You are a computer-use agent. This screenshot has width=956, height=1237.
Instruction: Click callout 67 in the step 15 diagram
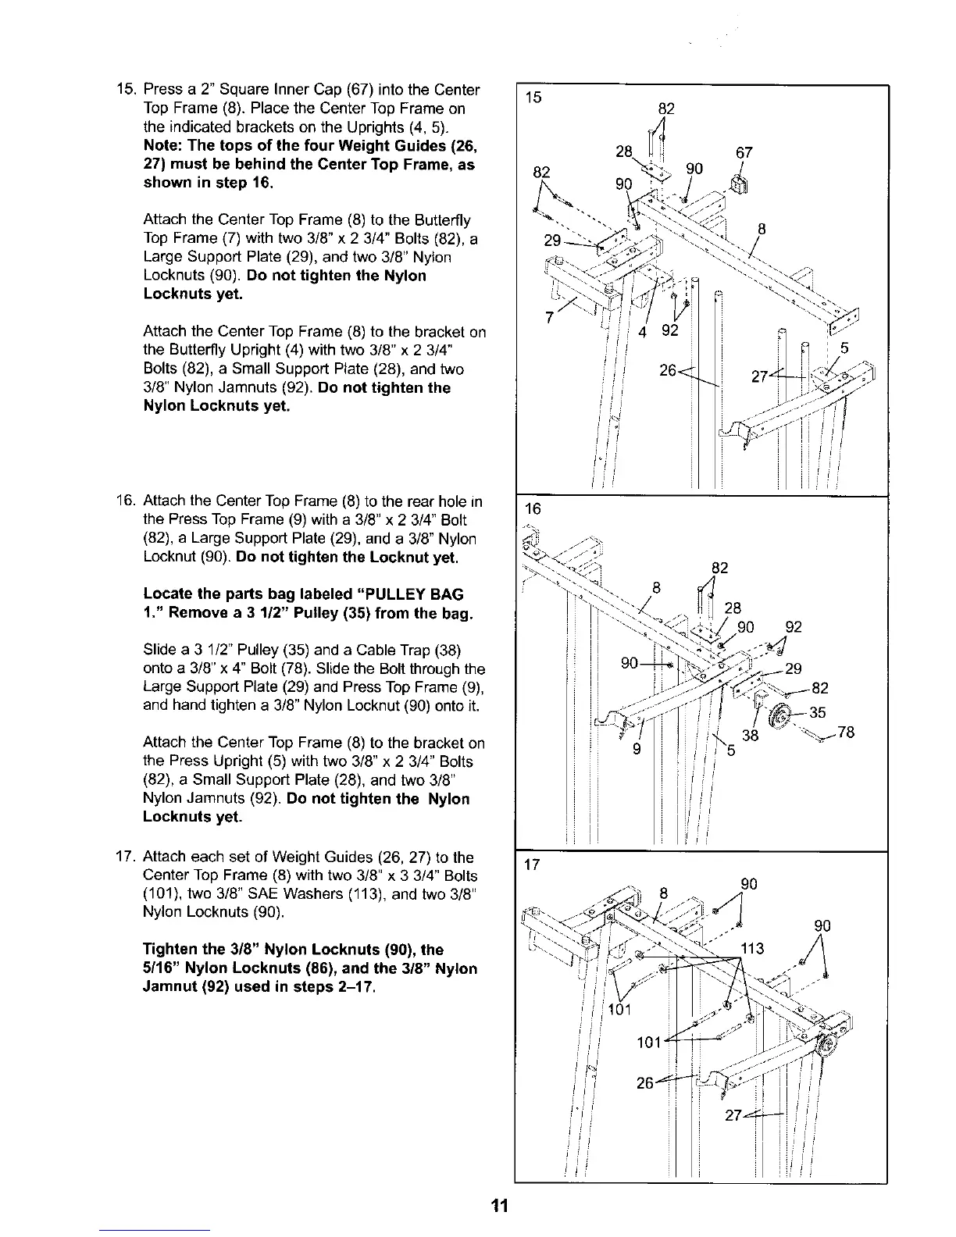coord(743,153)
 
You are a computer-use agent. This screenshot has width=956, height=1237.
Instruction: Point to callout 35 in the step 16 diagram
coord(817,712)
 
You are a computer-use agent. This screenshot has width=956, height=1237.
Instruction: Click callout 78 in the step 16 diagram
coord(846,733)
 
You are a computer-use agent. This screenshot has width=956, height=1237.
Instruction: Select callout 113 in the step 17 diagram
coord(754,949)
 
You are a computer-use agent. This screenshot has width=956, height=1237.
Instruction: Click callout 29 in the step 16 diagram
coord(794,668)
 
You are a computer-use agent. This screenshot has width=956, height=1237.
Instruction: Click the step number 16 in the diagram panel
coord(533,509)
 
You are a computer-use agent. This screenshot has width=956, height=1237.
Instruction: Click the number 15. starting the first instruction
coord(125,90)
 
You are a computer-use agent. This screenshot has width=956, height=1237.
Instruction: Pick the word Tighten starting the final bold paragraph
coord(172,950)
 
